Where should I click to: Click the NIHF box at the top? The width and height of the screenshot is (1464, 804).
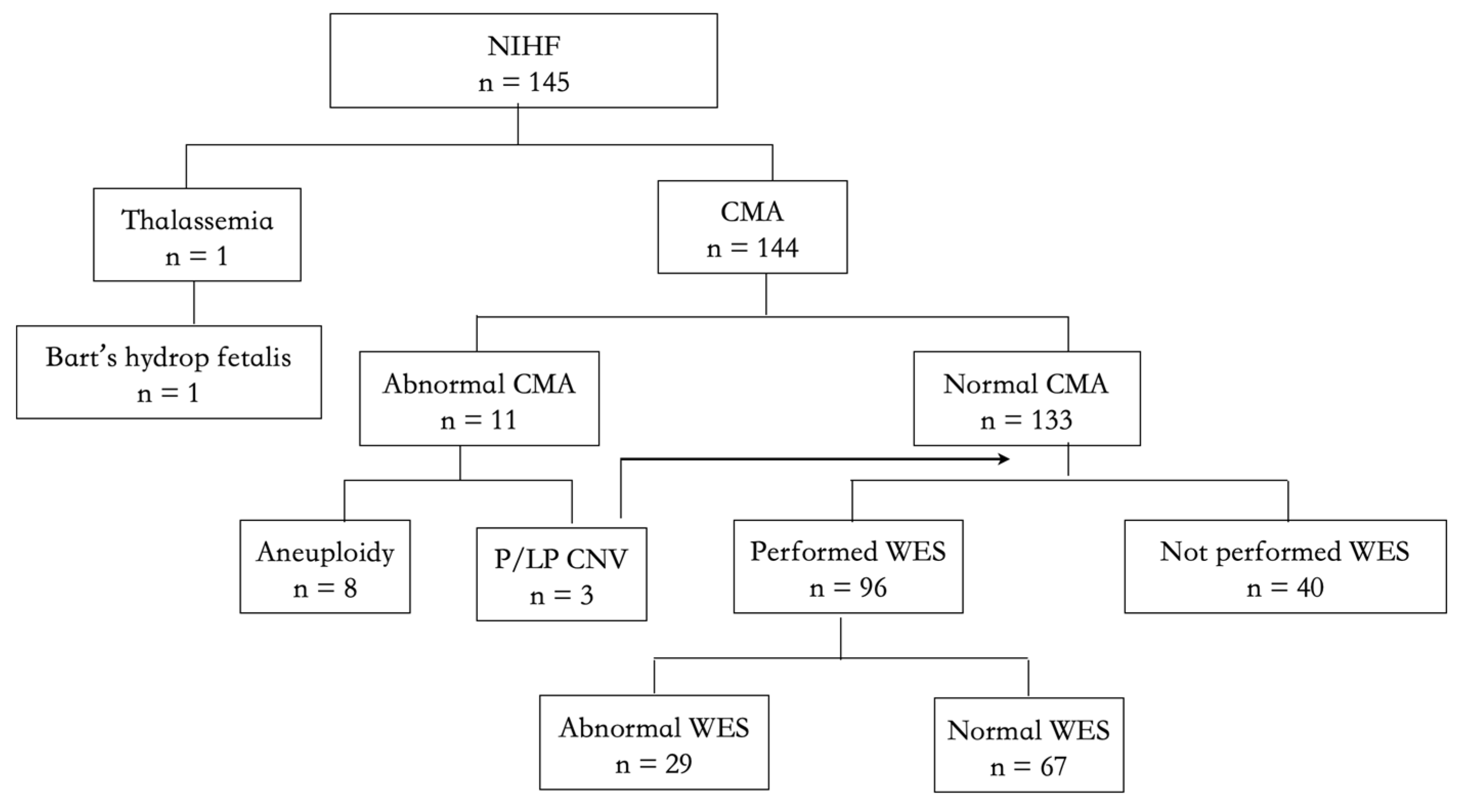[x=523, y=61]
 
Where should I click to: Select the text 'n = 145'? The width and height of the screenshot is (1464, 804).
[x=523, y=82]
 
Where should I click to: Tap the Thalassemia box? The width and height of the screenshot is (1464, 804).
[x=196, y=235]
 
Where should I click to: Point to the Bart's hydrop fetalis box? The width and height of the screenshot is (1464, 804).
[x=168, y=372]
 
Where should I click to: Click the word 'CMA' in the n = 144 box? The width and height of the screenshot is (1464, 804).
[x=752, y=212]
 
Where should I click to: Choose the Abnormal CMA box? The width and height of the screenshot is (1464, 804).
[x=478, y=398]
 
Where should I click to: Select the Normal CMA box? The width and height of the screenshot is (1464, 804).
[x=1026, y=398]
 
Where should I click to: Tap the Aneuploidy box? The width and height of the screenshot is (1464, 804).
[x=324, y=566]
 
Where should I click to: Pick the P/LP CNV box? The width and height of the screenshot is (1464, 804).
[x=561, y=574]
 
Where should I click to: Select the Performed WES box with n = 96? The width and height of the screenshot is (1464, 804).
[x=848, y=566]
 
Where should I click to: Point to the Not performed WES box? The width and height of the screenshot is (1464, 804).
[x=1285, y=566]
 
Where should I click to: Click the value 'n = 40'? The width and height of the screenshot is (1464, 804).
[x=1285, y=588]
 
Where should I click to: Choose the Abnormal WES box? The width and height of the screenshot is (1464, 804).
[x=653, y=742]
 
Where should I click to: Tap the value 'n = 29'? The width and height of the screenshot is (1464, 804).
[x=653, y=764]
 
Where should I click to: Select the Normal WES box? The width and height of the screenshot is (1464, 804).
[x=1029, y=744]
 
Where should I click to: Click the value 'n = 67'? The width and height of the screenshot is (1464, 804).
[x=1029, y=767]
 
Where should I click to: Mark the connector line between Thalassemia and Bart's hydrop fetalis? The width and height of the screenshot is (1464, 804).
[x=194, y=303]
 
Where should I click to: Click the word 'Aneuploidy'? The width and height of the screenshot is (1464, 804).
[x=324, y=552]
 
